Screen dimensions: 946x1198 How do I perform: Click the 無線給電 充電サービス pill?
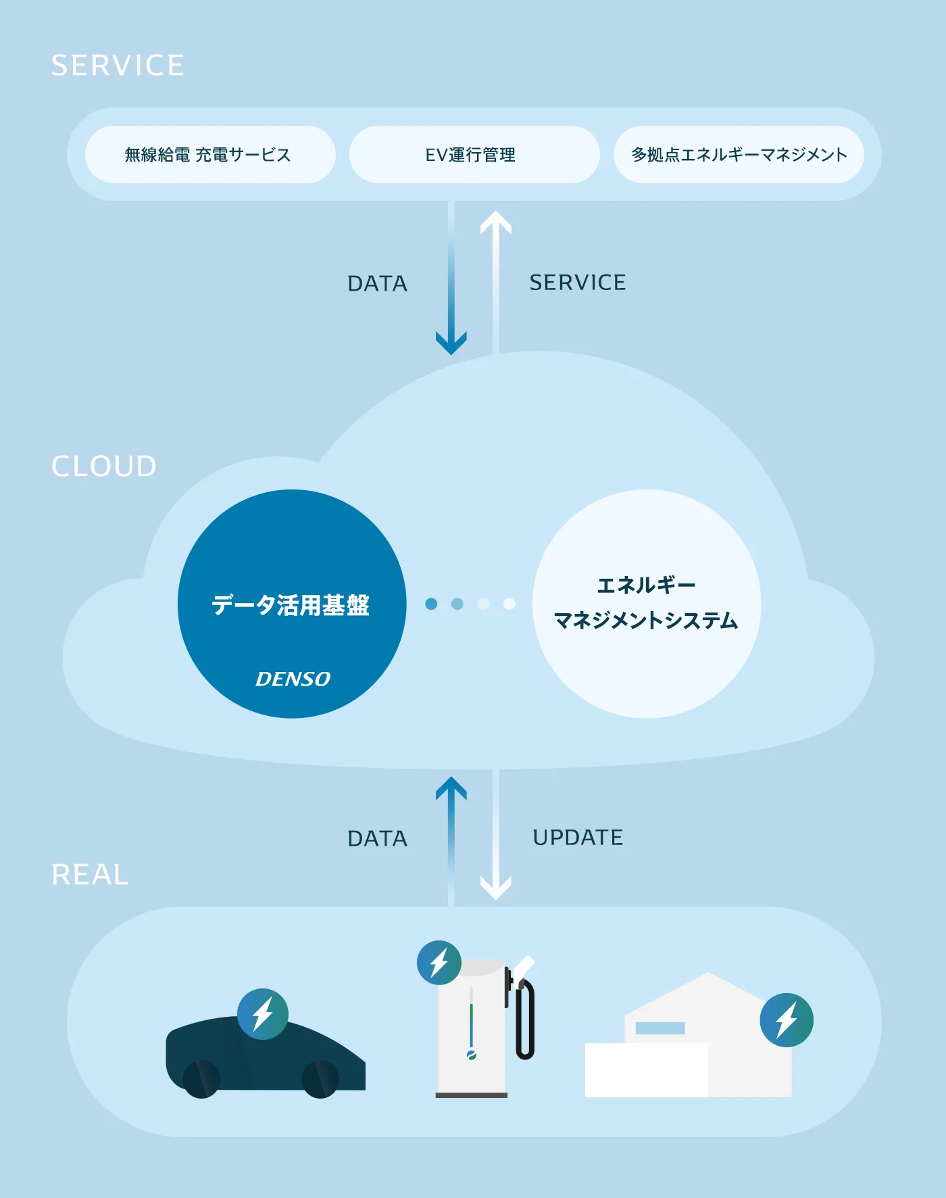pyautogui.click(x=210, y=154)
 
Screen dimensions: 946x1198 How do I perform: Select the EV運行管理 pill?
pyautogui.click(x=474, y=154)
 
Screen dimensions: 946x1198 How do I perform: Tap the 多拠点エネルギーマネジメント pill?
pyautogui.click(x=739, y=154)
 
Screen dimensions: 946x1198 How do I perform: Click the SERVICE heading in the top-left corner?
pyautogui.click(x=118, y=66)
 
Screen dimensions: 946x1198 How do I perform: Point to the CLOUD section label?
pyautogui.click(x=104, y=466)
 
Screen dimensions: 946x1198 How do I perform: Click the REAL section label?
pyautogui.click(x=91, y=874)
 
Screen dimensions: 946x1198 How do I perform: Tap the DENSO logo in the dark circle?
pyautogui.click(x=293, y=679)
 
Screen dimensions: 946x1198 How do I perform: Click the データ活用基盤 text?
pyautogui.click(x=291, y=605)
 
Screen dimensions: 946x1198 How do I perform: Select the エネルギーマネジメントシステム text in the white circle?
pyautogui.click(x=646, y=602)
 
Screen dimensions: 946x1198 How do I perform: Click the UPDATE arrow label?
pyautogui.click(x=578, y=838)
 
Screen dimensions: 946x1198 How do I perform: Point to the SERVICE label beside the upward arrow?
pyautogui.click(x=578, y=283)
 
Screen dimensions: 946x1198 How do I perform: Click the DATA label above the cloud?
pyautogui.click(x=378, y=283)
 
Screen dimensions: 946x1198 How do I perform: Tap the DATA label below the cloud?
pyautogui.click(x=378, y=838)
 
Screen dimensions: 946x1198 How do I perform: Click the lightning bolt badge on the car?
pyautogui.click(x=263, y=1014)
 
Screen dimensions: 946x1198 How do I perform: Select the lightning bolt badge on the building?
pyautogui.click(x=787, y=1020)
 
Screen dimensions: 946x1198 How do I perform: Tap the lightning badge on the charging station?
pyautogui.click(x=439, y=962)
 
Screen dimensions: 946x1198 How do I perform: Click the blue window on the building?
pyautogui.click(x=660, y=1028)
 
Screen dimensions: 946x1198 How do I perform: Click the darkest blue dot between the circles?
pyautogui.click(x=431, y=604)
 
